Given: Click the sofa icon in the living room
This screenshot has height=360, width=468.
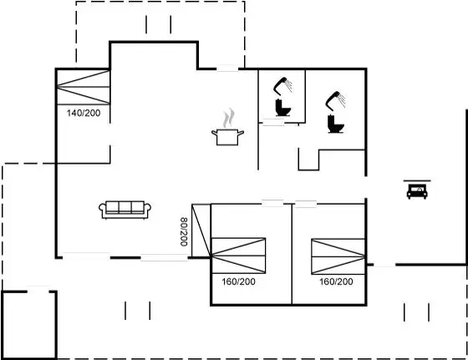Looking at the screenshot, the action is point(125,210).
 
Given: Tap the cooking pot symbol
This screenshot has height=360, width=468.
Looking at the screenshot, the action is point(227,137).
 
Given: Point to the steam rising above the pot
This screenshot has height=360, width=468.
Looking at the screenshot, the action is point(229,118).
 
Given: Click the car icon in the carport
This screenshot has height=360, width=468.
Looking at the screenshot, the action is point(417,191).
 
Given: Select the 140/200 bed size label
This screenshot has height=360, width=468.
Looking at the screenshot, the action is point(84,113).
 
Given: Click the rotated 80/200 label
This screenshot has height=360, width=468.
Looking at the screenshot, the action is point(184,231).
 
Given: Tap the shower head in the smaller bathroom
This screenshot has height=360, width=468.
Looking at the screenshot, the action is point(282,84).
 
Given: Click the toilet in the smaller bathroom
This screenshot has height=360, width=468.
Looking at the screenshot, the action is point(282,108).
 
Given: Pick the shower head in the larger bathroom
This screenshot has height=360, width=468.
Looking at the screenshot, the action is point(335,100).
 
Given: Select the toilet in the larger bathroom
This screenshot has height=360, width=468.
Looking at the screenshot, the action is point(335,124).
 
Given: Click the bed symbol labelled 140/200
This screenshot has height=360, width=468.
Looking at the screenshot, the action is point(84,87).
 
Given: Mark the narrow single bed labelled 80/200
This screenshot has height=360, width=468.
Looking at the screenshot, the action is point(201,231).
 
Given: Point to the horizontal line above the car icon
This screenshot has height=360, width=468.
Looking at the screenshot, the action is point(417,180).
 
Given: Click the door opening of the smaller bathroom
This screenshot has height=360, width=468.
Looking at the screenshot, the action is point(273,122).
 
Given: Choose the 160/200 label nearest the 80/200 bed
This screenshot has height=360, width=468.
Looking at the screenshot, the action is point(238,281).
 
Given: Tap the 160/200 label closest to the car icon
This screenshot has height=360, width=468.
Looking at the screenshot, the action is point(336,281).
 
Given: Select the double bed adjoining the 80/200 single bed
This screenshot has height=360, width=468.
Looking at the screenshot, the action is point(238,256).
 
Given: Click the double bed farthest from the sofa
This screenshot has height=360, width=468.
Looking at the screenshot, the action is point(338,256).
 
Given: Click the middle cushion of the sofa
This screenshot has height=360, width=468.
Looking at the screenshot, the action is point(125,207).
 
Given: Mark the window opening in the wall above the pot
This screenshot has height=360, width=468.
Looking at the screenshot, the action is point(227,68).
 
